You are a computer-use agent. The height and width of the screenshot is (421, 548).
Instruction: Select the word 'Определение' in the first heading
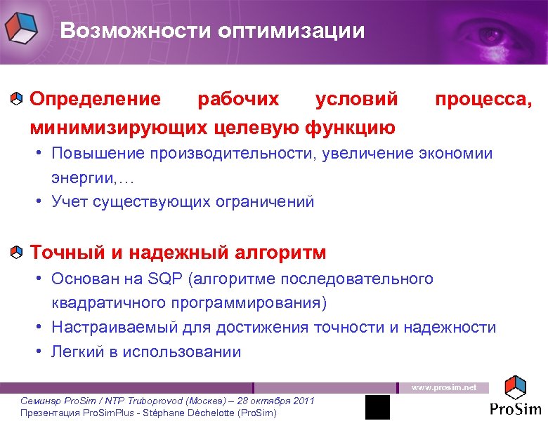click(x=95, y=99)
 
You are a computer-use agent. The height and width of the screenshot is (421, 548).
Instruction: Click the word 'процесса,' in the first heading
click(x=483, y=99)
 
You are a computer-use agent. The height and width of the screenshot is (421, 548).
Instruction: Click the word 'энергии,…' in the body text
click(x=82, y=178)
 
